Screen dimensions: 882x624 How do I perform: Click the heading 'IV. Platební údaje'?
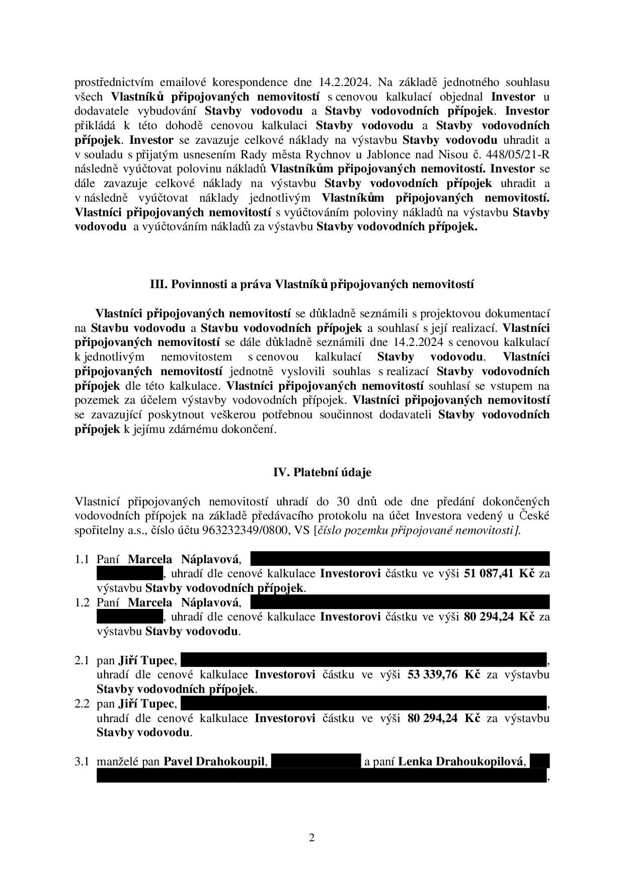pyautogui.click(x=322, y=473)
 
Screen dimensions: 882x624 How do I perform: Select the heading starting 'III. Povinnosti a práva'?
pyautogui.click(x=312, y=285)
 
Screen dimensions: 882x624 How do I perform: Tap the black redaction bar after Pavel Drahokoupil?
pyautogui.click(x=316, y=761)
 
